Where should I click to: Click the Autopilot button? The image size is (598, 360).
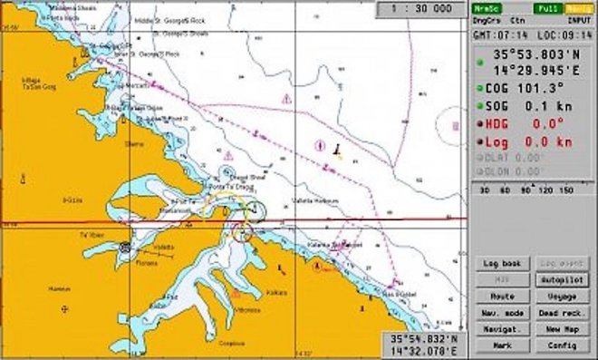564,280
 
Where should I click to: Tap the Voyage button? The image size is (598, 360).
564,297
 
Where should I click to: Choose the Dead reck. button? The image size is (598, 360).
564,313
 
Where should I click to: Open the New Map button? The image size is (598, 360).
564,329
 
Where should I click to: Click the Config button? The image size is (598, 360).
564,345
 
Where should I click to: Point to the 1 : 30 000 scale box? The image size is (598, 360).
421,8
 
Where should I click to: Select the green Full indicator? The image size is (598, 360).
547,7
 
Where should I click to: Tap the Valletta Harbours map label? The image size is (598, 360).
316,199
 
